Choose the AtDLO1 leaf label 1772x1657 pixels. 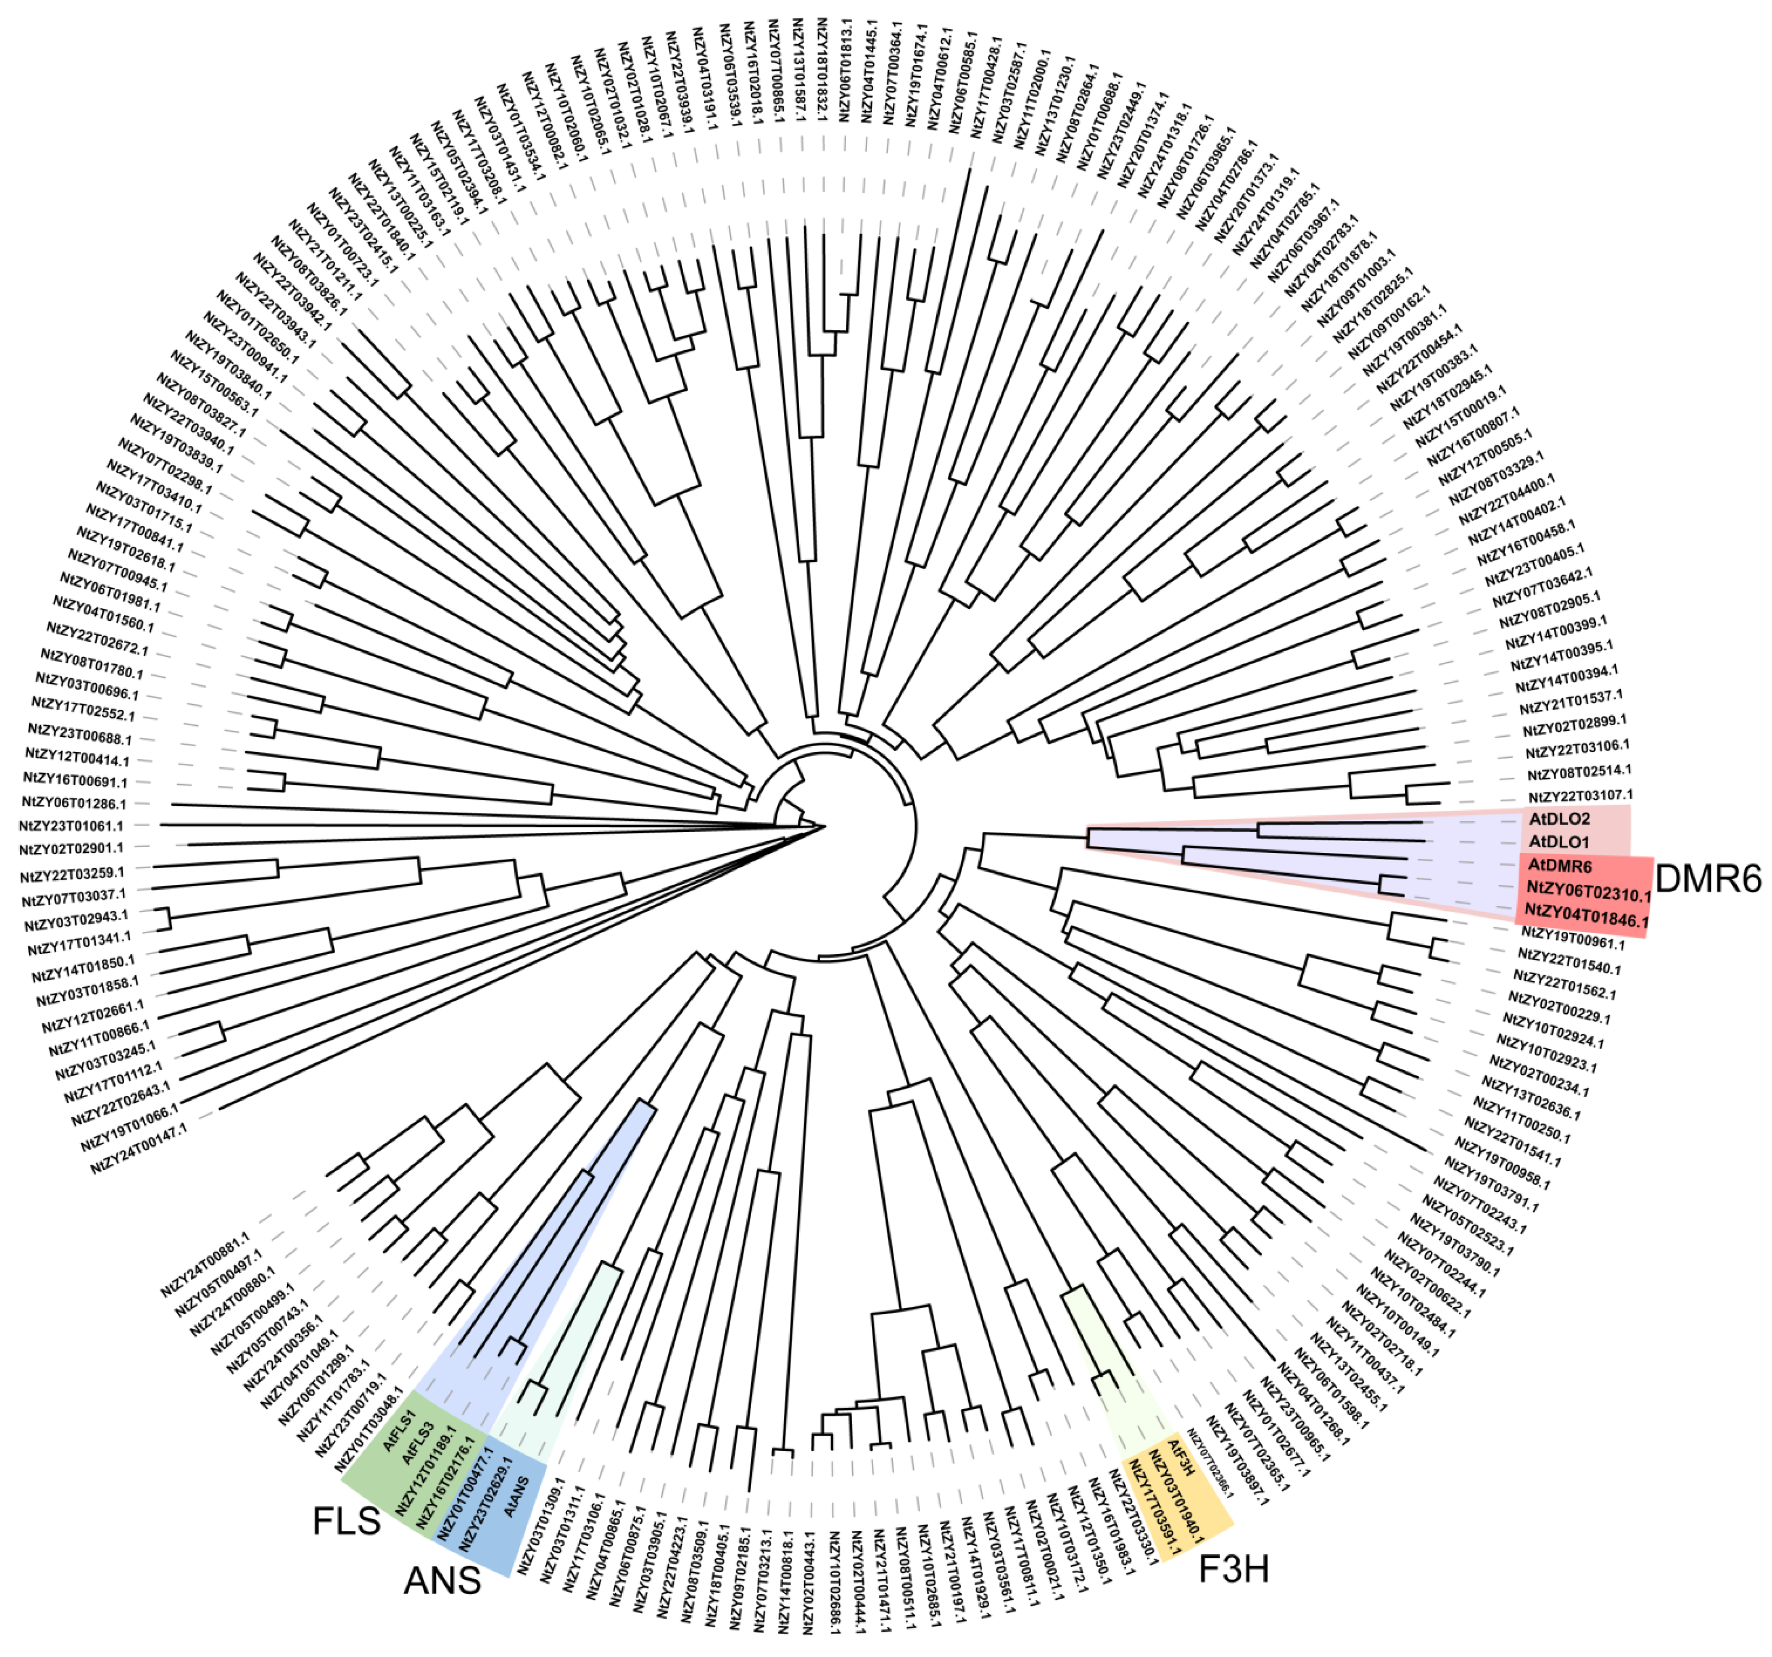pos(1559,842)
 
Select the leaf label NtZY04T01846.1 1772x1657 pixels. pos(1586,915)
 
